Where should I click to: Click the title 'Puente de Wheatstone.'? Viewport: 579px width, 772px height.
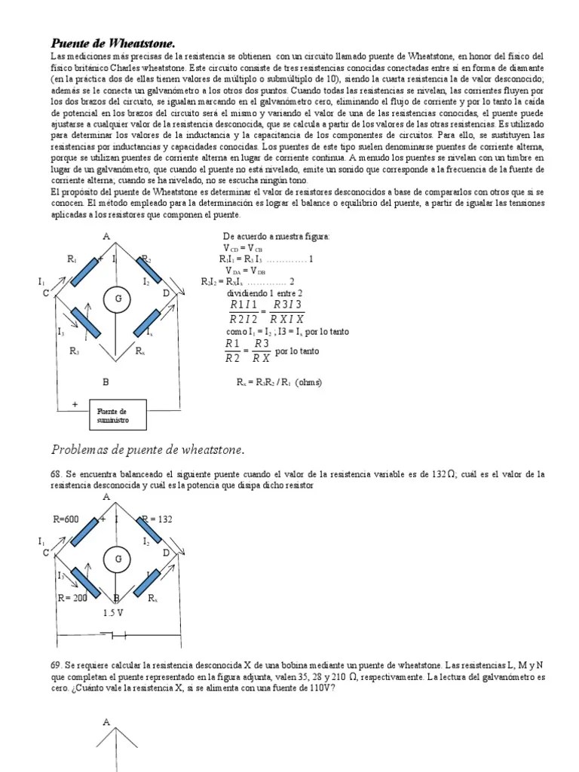pos(117,43)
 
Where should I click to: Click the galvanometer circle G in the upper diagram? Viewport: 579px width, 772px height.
pos(118,299)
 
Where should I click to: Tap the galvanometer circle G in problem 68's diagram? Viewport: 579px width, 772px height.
pos(118,559)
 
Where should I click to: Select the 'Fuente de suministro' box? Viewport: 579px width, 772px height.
pos(117,415)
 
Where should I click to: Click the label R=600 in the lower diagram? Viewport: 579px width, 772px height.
pos(66,519)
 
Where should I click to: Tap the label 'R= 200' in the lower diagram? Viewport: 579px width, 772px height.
pos(73,598)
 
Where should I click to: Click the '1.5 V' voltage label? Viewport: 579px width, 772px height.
pos(114,612)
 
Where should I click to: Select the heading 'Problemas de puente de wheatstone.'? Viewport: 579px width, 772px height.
pos(148,450)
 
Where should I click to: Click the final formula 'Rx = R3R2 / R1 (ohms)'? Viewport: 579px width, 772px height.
pos(279,382)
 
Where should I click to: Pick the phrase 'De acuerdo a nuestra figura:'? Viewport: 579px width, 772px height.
pos(277,237)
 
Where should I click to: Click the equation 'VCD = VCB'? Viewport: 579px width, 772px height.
pos(243,248)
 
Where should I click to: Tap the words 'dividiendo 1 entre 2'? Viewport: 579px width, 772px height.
pos(265,293)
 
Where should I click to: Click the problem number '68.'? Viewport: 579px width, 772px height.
pos(57,473)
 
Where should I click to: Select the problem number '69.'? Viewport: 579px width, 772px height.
pos(57,666)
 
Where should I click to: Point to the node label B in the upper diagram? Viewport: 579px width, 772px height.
pos(106,381)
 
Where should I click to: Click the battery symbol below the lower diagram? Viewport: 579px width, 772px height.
pos(116,636)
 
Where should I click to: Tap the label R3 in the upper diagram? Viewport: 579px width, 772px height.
pos(74,351)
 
